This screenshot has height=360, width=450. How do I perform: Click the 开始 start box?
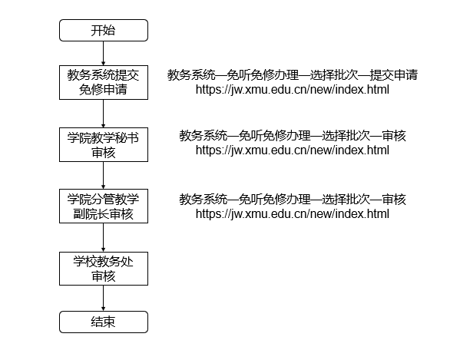(x=104, y=31)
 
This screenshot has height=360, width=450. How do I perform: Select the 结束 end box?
(x=104, y=322)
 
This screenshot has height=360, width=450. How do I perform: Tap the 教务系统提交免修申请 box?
(x=104, y=83)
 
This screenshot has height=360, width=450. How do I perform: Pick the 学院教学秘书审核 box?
(x=104, y=145)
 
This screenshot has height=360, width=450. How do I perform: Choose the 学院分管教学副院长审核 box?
(x=104, y=206)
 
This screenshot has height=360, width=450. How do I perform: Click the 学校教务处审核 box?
(x=104, y=269)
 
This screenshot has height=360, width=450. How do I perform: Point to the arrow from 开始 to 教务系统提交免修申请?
(x=104, y=54)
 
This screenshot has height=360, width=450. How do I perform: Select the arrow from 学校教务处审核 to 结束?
(x=104, y=299)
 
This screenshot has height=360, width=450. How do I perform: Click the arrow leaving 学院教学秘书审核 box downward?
(x=104, y=175)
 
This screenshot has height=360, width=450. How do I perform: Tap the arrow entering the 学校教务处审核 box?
(x=104, y=237)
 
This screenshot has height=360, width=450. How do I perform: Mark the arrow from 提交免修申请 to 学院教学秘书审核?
(x=104, y=114)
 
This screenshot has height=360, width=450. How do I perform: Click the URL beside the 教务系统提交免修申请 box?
(x=293, y=90)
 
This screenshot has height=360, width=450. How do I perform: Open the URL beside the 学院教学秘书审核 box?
(x=293, y=150)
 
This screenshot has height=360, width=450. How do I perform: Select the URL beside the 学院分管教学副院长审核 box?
(x=293, y=214)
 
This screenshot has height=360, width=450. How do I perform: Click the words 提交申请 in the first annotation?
(x=393, y=75)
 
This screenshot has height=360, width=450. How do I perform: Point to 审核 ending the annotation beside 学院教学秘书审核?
(x=394, y=136)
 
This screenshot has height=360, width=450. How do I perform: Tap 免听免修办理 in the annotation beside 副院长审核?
(x=275, y=200)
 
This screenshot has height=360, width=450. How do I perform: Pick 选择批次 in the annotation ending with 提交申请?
(x=334, y=75)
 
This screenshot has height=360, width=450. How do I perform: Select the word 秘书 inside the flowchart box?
(x=127, y=137)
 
